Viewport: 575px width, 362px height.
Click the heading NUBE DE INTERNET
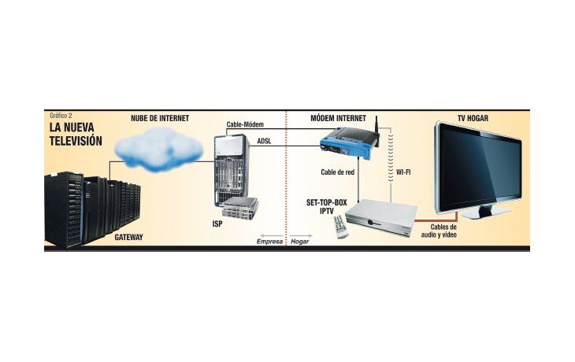pyautogui.click(x=160, y=118)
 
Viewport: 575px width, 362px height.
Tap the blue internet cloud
pyautogui.click(x=158, y=149)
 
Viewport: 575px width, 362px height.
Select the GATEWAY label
pyautogui.click(x=128, y=237)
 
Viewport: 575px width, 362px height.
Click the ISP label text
pyautogui.click(x=217, y=223)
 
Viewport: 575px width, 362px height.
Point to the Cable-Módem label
pyautogui.click(x=245, y=124)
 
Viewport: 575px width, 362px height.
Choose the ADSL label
pyautogui.click(x=264, y=141)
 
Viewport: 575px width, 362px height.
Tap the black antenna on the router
pyautogui.click(x=377, y=131)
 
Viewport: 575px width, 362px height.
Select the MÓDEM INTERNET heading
pyautogui.click(x=338, y=118)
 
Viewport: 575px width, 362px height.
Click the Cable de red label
pyautogui.click(x=337, y=172)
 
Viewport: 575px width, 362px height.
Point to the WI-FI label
pyautogui.click(x=403, y=172)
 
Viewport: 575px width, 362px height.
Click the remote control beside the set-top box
pyautogui.click(x=341, y=227)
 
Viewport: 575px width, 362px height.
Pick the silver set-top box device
pyautogui.click(x=382, y=217)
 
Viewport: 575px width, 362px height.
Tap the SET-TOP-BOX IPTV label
pyautogui.click(x=326, y=207)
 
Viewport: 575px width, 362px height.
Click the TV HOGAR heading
pyautogui.click(x=473, y=118)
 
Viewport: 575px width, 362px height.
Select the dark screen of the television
pyautogui.click(x=480, y=168)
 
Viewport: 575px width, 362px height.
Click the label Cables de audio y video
pyautogui.click(x=440, y=231)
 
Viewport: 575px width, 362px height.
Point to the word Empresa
pyautogui.click(x=269, y=242)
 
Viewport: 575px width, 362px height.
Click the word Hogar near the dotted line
pyautogui.click(x=299, y=242)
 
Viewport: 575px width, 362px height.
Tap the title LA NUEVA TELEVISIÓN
pyautogui.click(x=76, y=134)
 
